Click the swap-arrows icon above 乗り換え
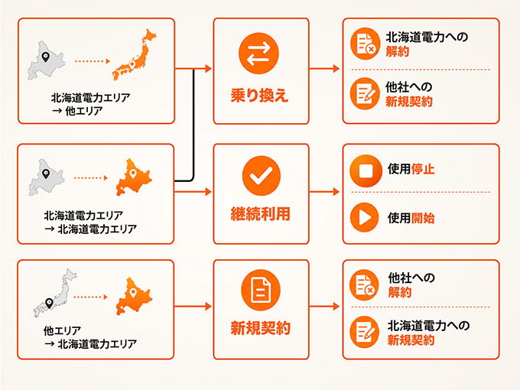[258, 53]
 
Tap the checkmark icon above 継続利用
[261, 175]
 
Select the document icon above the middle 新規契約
[261, 290]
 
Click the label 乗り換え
[260, 96]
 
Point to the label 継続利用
[260, 214]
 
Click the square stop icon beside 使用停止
[366, 171]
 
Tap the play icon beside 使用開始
[365, 217]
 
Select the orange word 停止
[423, 169]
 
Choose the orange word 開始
[423, 218]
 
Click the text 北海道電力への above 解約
[427, 37]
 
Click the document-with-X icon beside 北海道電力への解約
[365, 44]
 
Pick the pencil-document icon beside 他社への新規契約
[365, 93]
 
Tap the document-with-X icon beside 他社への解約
[365, 285]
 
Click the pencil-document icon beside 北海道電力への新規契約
[365, 332]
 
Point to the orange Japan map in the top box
[135, 55]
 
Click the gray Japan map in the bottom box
[55, 293]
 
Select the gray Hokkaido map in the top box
[46, 61]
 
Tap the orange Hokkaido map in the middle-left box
[134, 177]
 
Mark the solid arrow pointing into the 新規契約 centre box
[193, 306]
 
